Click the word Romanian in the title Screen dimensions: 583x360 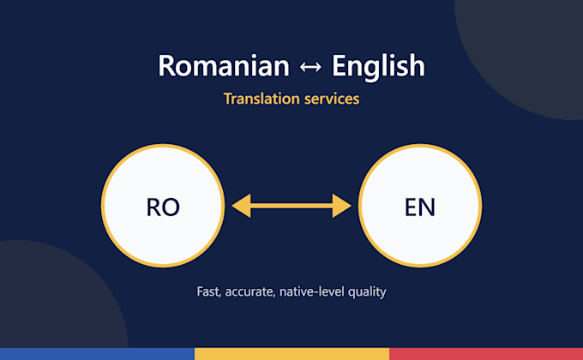[224, 66]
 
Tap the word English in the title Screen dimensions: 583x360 [378, 67]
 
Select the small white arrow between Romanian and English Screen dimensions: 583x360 [310, 67]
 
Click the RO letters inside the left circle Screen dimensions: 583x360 [163, 207]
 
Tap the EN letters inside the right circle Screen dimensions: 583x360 [420, 207]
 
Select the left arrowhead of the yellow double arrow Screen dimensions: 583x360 [242, 206]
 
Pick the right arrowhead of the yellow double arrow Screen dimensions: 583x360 [341, 206]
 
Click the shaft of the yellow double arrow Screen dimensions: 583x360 [291, 206]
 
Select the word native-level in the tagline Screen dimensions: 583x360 [311, 291]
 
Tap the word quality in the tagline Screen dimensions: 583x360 [367, 292]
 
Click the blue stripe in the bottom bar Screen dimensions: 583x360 [97, 354]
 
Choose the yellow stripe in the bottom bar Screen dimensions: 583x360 [291, 354]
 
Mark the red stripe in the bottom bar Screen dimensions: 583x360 [486, 354]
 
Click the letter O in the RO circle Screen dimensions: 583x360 [171, 207]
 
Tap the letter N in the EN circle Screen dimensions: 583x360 [427, 207]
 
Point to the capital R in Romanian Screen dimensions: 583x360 [166, 66]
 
